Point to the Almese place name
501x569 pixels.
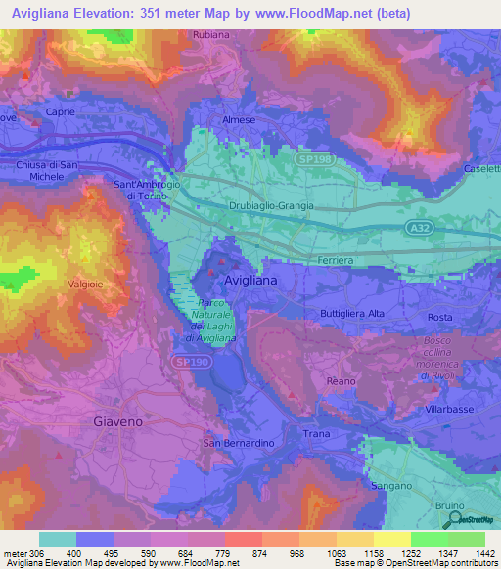point(239,120)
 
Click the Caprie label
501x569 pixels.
point(61,112)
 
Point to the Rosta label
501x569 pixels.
point(440,318)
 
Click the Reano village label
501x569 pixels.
point(341,381)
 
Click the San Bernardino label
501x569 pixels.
point(238,444)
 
